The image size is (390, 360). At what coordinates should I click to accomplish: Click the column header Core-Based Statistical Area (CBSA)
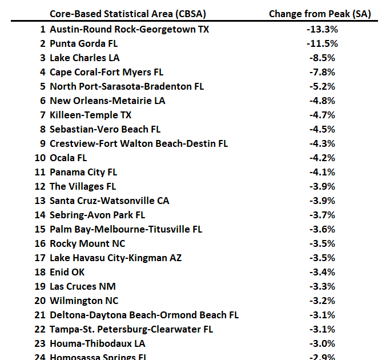(x=128, y=14)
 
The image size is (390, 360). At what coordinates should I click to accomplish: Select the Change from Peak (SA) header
(x=320, y=14)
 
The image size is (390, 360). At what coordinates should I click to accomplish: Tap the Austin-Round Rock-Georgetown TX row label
(x=129, y=29)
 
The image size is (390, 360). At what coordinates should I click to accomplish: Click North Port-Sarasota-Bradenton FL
(x=127, y=86)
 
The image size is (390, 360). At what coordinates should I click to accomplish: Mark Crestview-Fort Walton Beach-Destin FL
(x=139, y=143)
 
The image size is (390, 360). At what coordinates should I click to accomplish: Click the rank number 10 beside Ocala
(x=39, y=158)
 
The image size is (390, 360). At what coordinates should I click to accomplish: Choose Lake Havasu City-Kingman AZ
(x=116, y=258)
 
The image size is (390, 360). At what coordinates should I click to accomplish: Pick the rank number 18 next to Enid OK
(x=39, y=272)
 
